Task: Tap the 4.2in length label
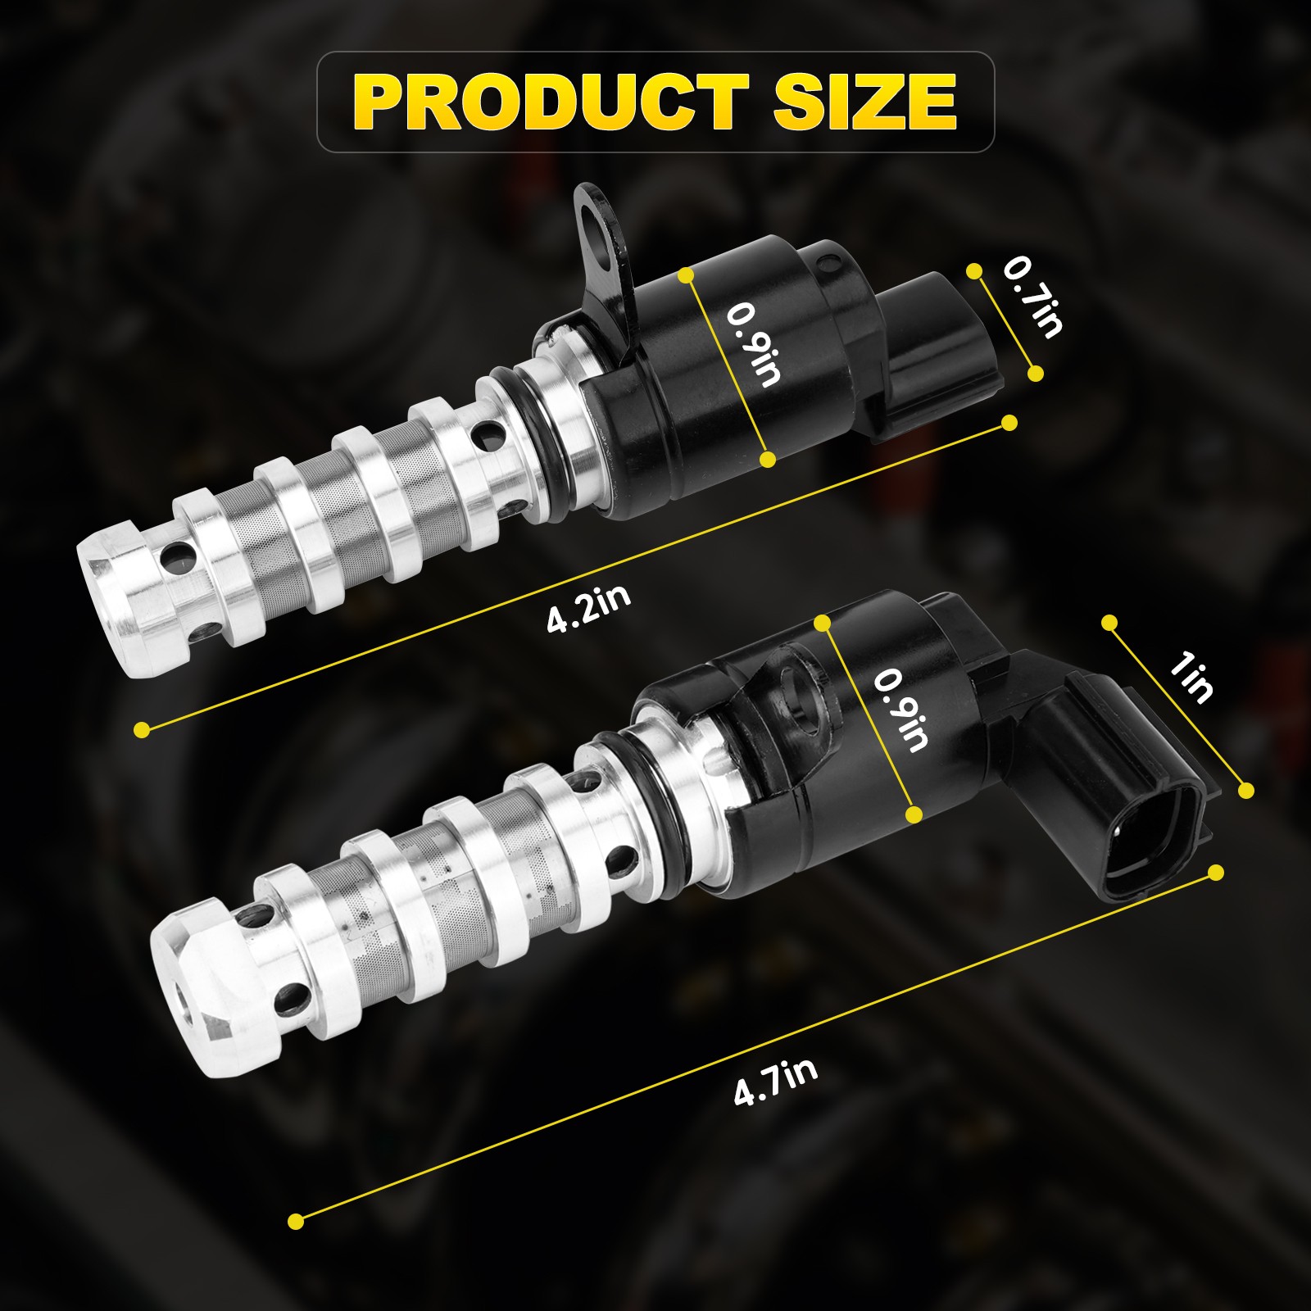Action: pos(589,608)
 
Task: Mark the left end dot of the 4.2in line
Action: pos(143,728)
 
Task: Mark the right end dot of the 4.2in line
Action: pos(1009,423)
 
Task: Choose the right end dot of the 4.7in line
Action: pos(1216,872)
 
